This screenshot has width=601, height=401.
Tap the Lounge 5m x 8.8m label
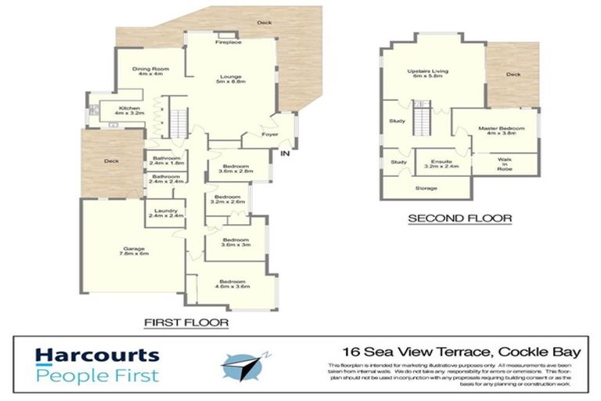(x=232, y=78)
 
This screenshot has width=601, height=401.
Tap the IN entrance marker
(x=285, y=153)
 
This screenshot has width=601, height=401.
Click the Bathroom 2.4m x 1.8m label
(x=167, y=161)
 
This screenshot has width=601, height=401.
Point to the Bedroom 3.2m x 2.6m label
(x=228, y=199)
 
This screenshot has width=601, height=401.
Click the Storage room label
(x=426, y=189)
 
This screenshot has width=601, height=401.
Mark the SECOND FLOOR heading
(x=459, y=219)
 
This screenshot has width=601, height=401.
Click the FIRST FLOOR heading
(x=185, y=322)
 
